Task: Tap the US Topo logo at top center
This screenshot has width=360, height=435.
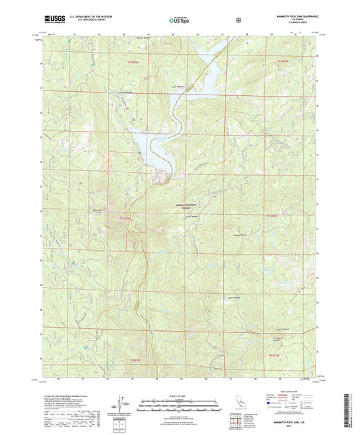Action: point(179,22)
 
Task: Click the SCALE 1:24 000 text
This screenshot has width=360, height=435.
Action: point(179,396)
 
